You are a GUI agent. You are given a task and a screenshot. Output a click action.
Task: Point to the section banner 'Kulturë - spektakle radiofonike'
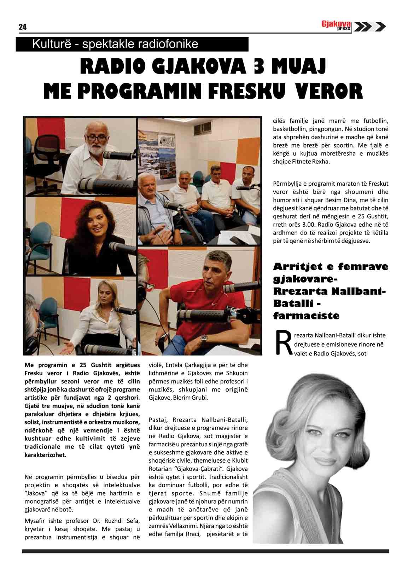tap(115, 45)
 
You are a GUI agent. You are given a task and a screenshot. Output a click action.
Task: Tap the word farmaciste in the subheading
tap(306, 315)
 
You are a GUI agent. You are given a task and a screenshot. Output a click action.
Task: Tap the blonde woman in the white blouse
tap(93, 311)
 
